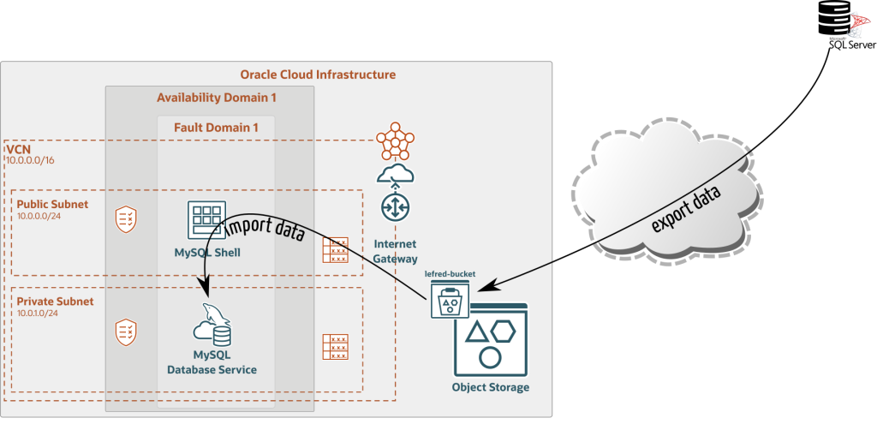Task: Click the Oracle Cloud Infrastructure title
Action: (318, 75)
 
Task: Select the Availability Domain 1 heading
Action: (216, 98)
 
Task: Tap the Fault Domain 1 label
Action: (216, 128)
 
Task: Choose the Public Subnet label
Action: (52, 205)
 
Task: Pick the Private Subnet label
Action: (55, 302)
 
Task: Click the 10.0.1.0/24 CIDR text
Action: (38, 314)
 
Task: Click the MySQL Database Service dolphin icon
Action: (214, 323)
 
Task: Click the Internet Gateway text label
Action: (395, 252)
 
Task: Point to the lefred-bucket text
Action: (450, 275)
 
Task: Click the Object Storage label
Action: (491, 387)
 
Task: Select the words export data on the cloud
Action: (685, 208)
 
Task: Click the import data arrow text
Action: (265, 230)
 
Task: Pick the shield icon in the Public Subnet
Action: (126, 219)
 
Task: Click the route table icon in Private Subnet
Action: (335, 346)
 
